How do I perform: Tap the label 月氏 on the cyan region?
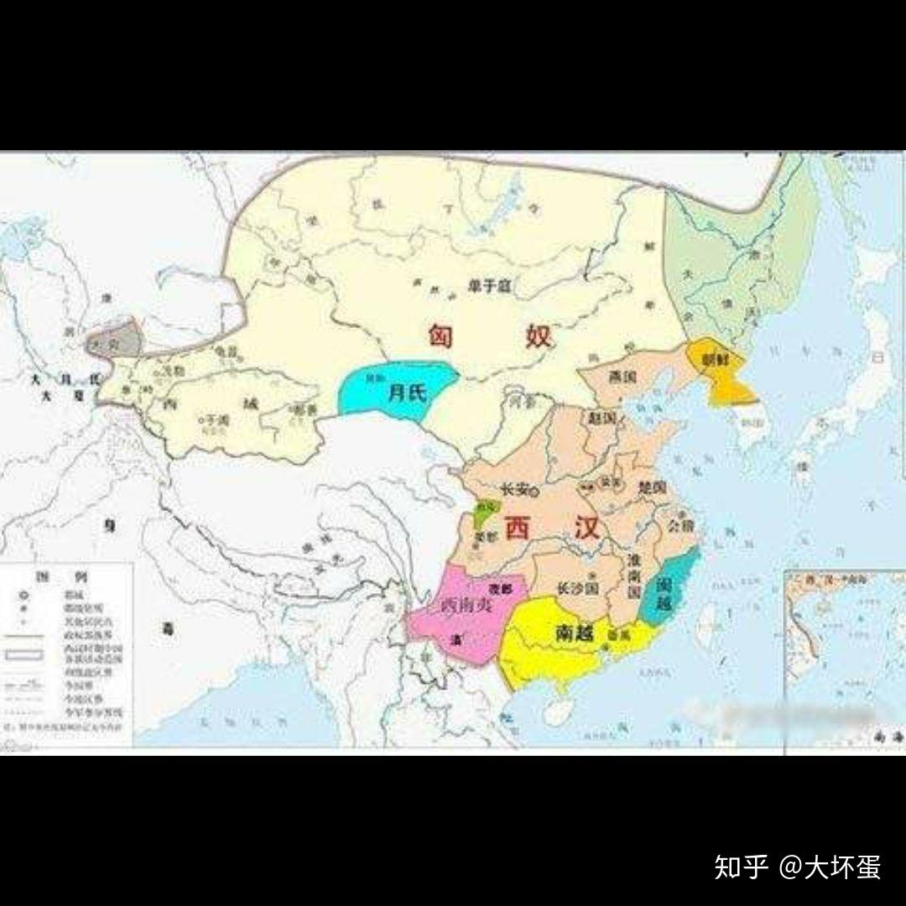407,392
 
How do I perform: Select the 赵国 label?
601,417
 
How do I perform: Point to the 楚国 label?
651,487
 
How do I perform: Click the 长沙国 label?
575,588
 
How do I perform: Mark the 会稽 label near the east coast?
680,526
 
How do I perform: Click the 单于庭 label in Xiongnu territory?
488,286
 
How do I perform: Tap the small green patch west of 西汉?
485,513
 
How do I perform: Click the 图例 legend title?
68,578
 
